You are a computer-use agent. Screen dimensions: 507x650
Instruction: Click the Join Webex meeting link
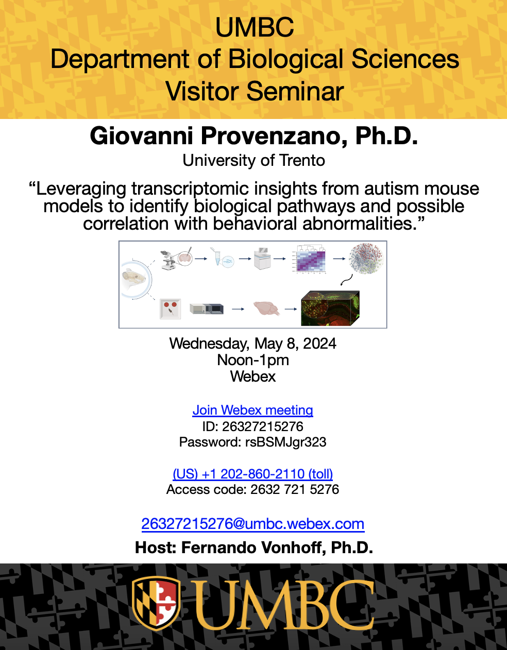pyautogui.click(x=253, y=410)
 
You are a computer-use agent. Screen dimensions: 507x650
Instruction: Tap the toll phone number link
pyautogui.click(x=253, y=474)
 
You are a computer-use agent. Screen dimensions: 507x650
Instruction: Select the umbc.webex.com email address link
pyautogui.click(x=253, y=523)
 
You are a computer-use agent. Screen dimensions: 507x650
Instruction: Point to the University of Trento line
pyautogui.click(x=253, y=160)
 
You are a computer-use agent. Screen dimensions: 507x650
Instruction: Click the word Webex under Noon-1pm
pyautogui.click(x=253, y=377)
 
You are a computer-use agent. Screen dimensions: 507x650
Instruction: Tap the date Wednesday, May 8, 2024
pyautogui.click(x=253, y=344)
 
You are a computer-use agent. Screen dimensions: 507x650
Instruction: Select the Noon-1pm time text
pyautogui.click(x=253, y=360)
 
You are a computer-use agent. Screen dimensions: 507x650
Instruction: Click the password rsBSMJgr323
pyautogui.click(x=285, y=442)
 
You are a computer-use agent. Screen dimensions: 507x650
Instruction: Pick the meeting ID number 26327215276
pyautogui.click(x=263, y=426)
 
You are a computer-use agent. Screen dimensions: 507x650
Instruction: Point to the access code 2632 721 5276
pyautogui.click(x=295, y=489)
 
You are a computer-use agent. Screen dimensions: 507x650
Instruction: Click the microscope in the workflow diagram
pyautogui.click(x=168, y=260)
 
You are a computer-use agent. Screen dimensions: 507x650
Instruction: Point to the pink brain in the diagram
pyautogui.click(x=266, y=309)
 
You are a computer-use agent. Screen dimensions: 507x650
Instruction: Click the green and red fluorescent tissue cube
pyautogui.click(x=330, y=308)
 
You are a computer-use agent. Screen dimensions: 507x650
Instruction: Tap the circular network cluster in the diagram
pyautogui.click(x=366, y=259)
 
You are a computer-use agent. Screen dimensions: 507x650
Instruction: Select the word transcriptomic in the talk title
pyautogui.click(x=190, y=189)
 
